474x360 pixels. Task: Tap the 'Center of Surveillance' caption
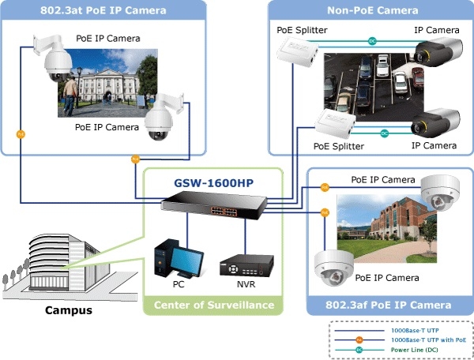[x=213, y=306]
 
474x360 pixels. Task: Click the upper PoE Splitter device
[x=296, y=51]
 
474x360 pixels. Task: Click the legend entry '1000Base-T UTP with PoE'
[x=423, y=339]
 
